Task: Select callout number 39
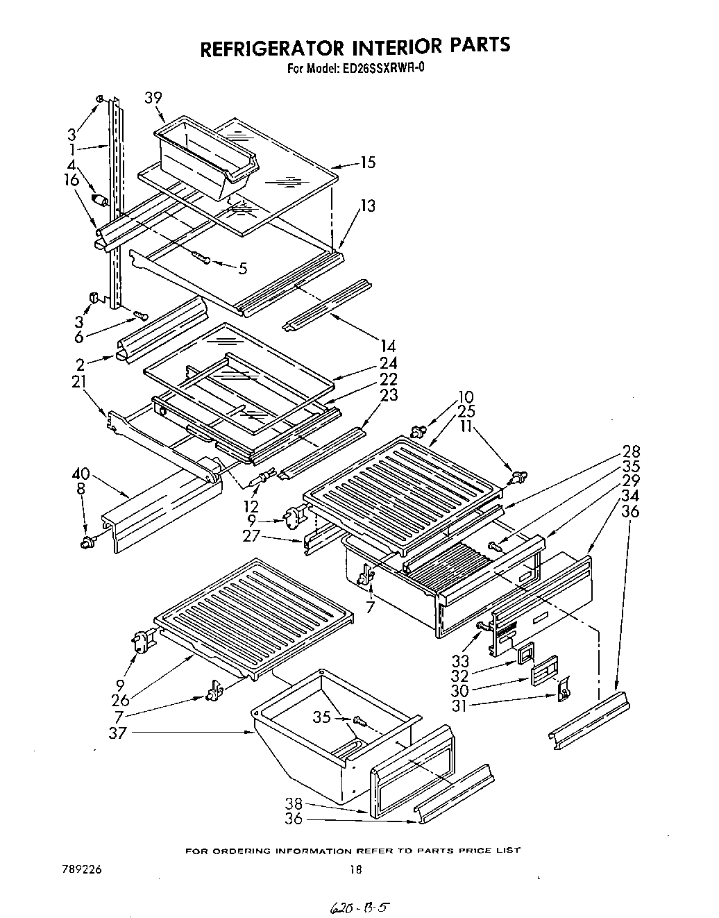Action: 153,98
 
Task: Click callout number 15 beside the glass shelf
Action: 367,162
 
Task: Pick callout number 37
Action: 118,732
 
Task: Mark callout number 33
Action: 460,660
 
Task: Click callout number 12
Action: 251,507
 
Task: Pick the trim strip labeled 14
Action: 327,303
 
